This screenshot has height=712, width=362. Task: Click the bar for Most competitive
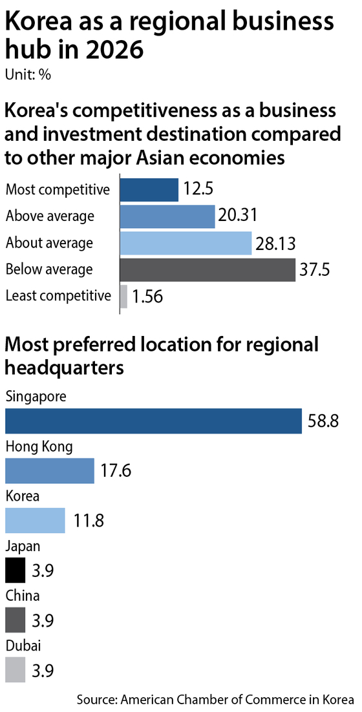149,190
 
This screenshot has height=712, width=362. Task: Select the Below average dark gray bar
208,269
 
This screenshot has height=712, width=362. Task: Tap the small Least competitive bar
123,297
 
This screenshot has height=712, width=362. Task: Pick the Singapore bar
153,421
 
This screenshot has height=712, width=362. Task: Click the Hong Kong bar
50,470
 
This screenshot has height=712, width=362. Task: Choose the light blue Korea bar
35,520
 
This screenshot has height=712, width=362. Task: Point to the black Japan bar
16,570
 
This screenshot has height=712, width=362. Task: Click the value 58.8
323,421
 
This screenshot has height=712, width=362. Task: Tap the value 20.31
237,216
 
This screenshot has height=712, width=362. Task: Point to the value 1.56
147,297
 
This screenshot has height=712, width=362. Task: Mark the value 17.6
114,471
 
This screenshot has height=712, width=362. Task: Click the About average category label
49,243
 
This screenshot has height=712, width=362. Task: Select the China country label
22,595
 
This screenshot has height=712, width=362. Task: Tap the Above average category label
50,216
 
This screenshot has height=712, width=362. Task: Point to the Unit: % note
28,75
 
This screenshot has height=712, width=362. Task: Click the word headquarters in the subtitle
65,368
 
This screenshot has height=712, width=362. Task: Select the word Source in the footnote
96,699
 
